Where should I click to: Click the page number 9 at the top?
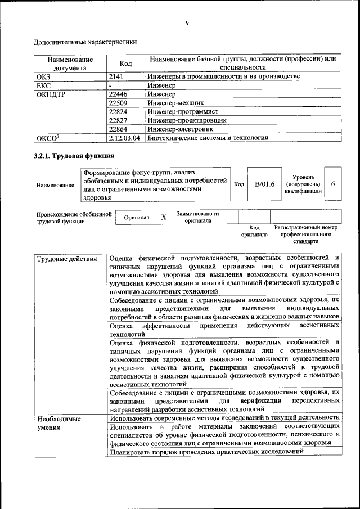(x=187, y=23)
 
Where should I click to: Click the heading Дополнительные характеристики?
(x=85, y=42)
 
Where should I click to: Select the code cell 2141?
(x=116, y=76)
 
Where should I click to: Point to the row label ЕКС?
(x=43, y=85)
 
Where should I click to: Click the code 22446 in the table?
(x=118, y=94)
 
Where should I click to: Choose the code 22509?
(x=118, y=103)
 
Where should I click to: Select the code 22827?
(x=118, y=120)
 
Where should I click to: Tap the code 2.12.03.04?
(x=124, y=137)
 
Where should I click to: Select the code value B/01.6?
(x=264, y=184)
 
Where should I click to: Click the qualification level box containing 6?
(x=333, y=184)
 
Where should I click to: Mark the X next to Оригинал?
(x=164, y=217)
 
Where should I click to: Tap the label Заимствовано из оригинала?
(x=197, y=217)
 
